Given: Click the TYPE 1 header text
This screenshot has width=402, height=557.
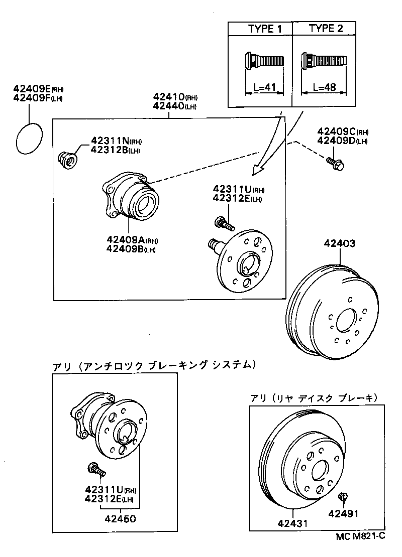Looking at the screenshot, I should click(264, 29).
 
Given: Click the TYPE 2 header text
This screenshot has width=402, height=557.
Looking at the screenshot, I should click(326, 28).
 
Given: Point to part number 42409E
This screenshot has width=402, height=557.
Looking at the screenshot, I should click(31, 90).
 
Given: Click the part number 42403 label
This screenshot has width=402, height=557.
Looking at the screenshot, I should click(340, 244).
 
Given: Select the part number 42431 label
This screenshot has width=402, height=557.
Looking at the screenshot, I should click(292, 523).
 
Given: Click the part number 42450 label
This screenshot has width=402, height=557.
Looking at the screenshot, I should click(120, 518).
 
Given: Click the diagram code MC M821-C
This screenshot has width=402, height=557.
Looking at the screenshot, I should click(360, 536).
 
